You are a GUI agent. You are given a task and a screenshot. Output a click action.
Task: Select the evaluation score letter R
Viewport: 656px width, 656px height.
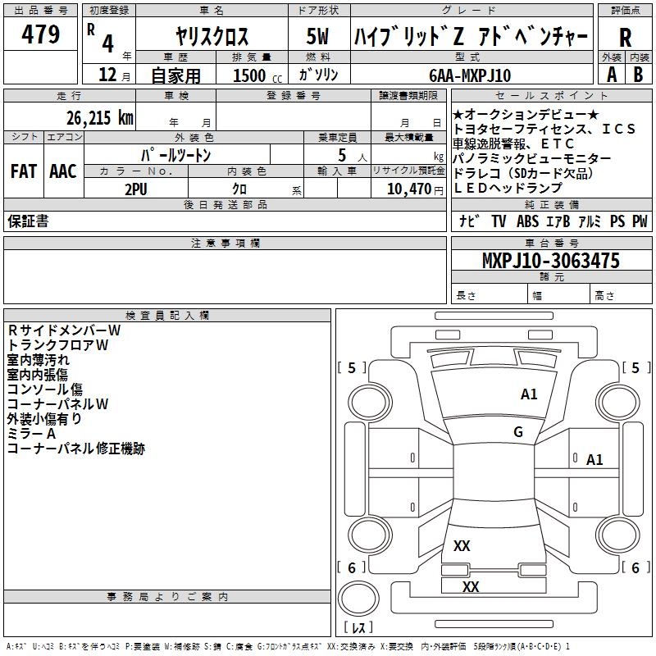626,38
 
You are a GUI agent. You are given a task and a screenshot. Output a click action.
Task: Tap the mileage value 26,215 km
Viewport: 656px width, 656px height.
95,117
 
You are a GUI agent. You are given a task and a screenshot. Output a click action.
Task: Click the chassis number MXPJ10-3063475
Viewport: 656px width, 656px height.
550,261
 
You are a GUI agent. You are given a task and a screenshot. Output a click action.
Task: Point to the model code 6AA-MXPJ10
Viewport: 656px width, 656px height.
470,75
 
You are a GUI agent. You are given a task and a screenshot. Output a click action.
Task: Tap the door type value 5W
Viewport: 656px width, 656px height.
318,37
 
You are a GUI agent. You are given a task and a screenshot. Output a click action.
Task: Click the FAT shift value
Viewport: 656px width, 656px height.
23,171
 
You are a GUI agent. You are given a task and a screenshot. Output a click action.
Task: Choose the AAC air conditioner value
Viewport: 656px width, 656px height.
62,171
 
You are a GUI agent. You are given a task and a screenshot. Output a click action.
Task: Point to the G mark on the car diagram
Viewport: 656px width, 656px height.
518,432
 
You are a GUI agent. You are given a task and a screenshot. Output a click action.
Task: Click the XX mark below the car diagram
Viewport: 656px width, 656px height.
471,586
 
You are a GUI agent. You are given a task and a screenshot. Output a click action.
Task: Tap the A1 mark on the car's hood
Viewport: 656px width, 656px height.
529,394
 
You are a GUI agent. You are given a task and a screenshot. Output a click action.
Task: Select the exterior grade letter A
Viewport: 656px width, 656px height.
611,75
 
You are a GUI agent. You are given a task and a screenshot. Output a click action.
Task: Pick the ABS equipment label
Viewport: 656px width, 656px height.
527,221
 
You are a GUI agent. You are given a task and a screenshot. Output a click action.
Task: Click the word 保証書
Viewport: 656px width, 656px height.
28,221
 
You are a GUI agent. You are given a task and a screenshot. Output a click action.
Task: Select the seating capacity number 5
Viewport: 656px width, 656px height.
340,155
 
